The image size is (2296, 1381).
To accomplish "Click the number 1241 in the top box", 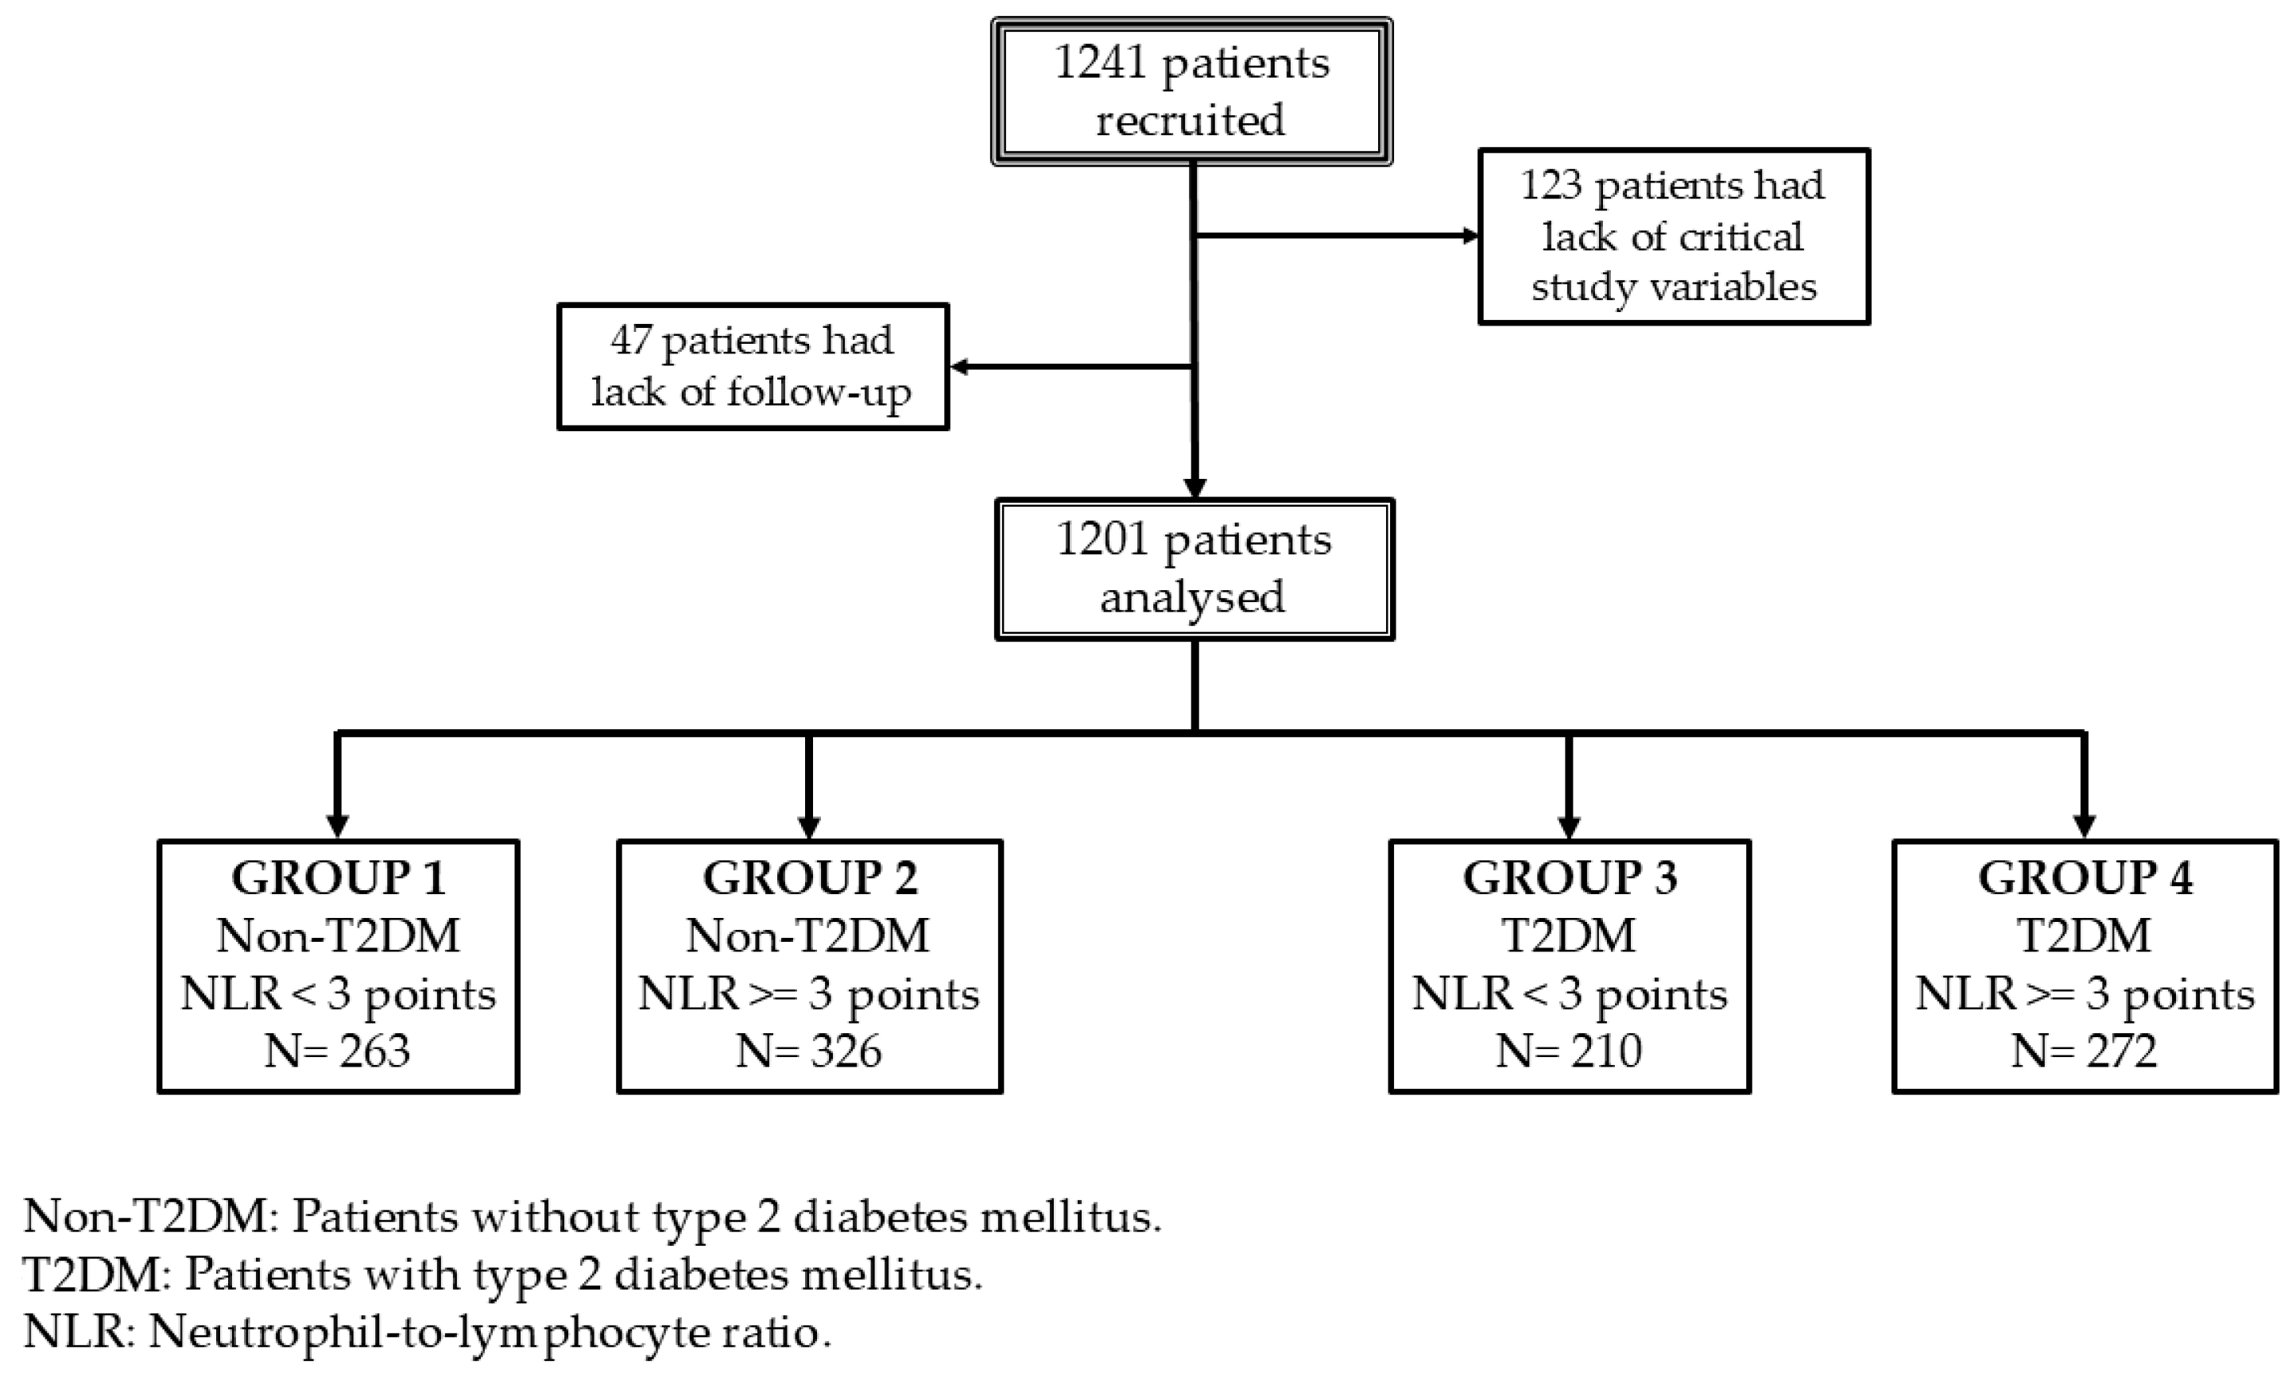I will [1100, 64].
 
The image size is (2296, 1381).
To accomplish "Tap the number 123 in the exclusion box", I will [1551, 185].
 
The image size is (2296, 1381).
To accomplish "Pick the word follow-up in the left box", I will [819, 392].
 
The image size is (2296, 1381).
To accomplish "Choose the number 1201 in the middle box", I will [1102, 541].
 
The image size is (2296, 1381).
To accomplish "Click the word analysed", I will [1193, 596].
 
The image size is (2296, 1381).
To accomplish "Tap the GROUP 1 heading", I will [338, 878].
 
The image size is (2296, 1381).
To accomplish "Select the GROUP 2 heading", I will [809, 878].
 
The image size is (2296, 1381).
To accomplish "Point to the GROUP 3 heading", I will [1569, 878].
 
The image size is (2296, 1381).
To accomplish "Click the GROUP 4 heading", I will [2085, 878].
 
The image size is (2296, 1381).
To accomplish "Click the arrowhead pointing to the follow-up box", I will [959, 368].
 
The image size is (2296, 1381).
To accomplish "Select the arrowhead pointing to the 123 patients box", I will [1470, 235].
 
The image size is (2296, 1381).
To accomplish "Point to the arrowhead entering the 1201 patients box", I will [1194, 488].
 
